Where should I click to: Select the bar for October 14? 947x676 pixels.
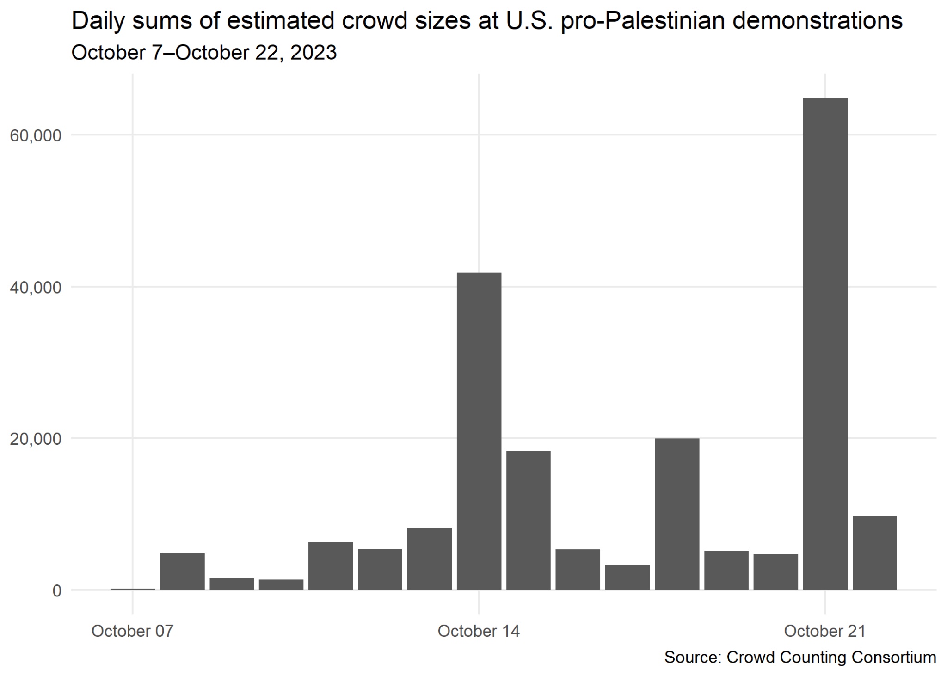pyautogui.click(x=479, y=431)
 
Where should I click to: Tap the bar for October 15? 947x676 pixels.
pyautogui.click(x=528, y=520)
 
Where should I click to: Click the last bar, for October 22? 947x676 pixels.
pyautogui.click(x=874, y=553)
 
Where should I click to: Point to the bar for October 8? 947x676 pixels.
pyautogui.click(x=182, y=572)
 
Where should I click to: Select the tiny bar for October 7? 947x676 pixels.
pyautogui.click(x=133, y=589)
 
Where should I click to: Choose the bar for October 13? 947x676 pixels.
pyautogui.click(x=429, y=559)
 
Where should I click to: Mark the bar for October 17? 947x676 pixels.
pyautogui.click(x=627, y=578)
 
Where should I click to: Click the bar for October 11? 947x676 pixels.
pyautogui.click(x=331, y=566)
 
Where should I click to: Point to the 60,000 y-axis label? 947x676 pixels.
pyautogui.click(x=36, y=136)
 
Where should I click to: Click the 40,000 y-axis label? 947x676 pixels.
pyautogui.click(x=36, y=288)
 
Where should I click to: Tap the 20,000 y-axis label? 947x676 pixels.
pyautogui.click(x=36, y=439)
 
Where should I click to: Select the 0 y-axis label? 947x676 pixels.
pyautogui.click(x=56, y=591)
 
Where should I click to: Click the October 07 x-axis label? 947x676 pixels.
pyautogui.click(x=132, y=632)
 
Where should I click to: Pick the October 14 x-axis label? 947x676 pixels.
pyautogui.click(x=479, y=632)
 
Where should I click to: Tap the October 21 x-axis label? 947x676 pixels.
pyautogui.click(x=824, y=632)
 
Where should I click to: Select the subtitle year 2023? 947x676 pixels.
pyautogui.click(x=313, y=53)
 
